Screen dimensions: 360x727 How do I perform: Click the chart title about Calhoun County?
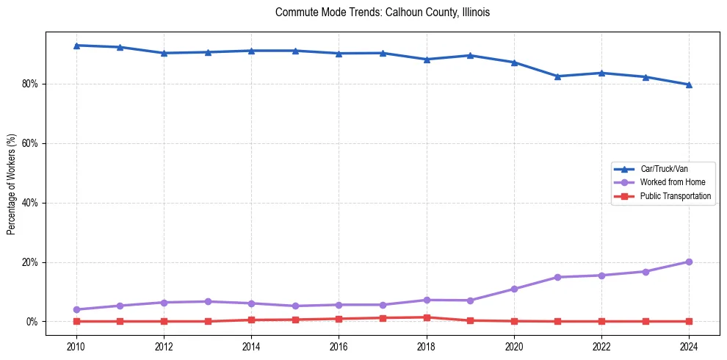[382, 12]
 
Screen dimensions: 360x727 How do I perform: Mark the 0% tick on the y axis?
[32, 322]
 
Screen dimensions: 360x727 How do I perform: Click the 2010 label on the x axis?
[76, 346]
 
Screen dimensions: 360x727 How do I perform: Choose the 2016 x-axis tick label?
[339, 346]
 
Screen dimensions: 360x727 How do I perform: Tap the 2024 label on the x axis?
[689, 346]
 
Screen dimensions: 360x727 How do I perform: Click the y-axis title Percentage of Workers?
[12, 184]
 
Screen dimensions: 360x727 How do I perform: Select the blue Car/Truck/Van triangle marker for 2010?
[76, 46]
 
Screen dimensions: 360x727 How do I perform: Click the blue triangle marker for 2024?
[689, 84]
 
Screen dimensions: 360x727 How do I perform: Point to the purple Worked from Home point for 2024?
[689, 262]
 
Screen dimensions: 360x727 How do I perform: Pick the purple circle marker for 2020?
[514, 289]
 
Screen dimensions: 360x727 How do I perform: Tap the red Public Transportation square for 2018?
[427, 317]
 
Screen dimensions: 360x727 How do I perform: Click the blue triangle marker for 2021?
[557, 76]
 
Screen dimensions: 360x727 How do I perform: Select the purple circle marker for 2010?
[76, 309]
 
